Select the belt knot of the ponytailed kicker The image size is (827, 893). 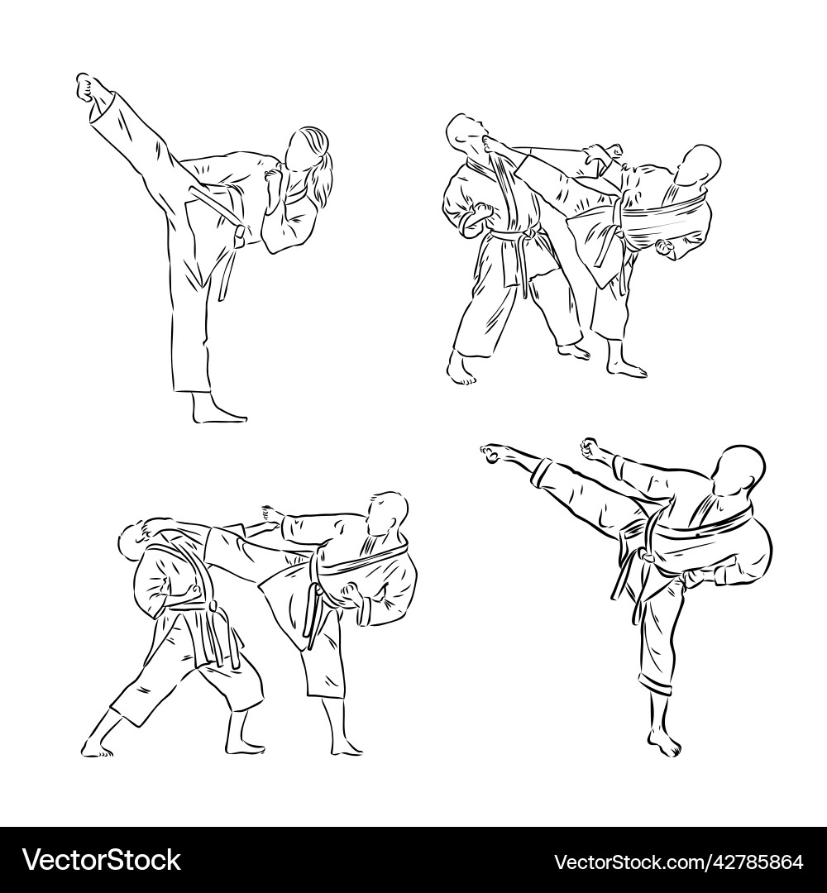tap(240, 236)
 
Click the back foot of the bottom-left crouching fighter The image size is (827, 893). tap(97, 750)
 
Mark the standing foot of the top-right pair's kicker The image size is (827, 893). tap(626, 369)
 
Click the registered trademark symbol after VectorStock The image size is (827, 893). tap(187, 852)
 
